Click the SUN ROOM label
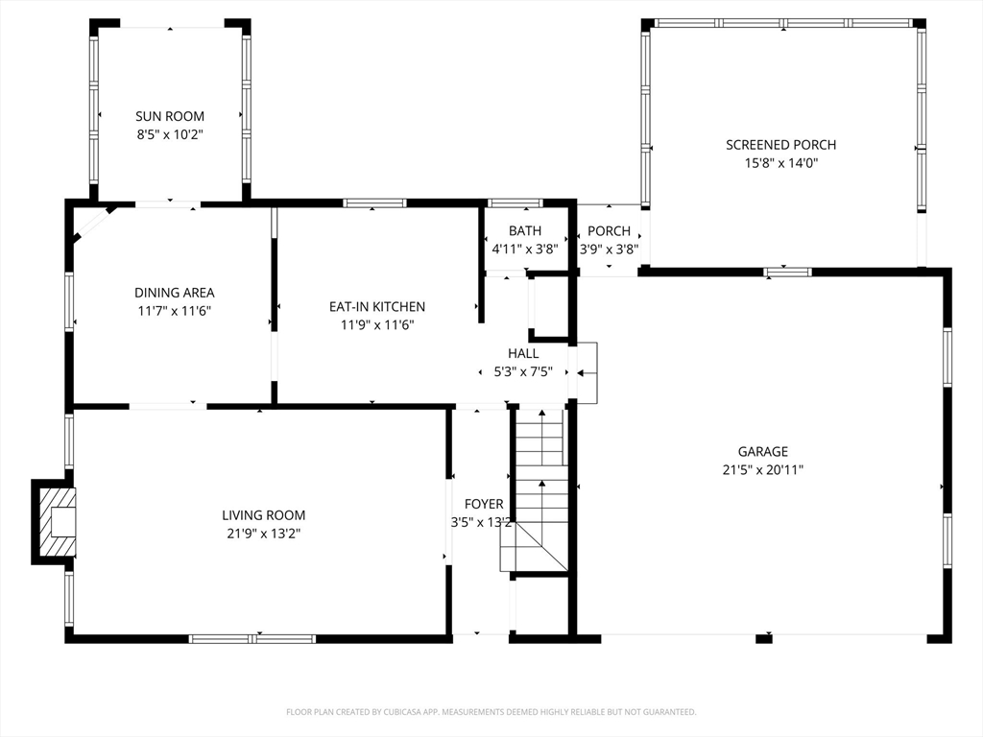click(x=170, y=116)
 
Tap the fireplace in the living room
click(x=55, y=522)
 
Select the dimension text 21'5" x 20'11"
click(x=763, y=470)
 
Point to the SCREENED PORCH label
click(x=781, y=145)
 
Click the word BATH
click(x=525, y=231)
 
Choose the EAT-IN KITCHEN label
click(x=377, y=307)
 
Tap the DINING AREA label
click(x=175, y=293)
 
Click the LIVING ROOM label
click(x=264, y=515)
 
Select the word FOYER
click(x=484, y=505)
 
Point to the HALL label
click(x=523, y=353)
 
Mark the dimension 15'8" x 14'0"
click(x=781, y=163)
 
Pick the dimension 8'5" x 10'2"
click(x=170, y=134)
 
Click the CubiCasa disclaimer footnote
click(x=491, y=712)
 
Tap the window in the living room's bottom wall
click(x=252, y=639)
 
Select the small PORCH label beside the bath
click(x=609, y=231)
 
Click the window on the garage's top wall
click(x=787, y=272)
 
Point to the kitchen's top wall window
click(x=375, y=203)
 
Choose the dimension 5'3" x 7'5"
click(x=523, y=372)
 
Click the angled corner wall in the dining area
click(x=94, y=224)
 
